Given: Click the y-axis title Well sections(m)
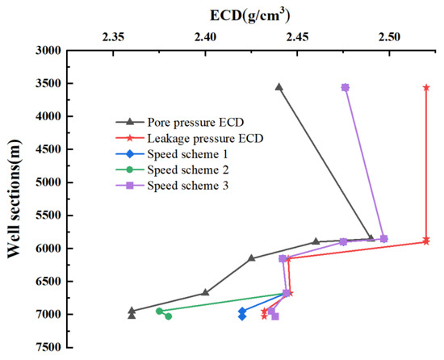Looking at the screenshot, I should pyautogui.click(x=14, y=199).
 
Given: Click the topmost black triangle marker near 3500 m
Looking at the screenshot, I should pyautogui.click(x=279, y=87).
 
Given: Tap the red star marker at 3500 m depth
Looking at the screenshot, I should pyautogui.click(x=426, y=87).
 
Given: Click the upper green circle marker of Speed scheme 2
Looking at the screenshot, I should pyautogui.click(x=159, y=311).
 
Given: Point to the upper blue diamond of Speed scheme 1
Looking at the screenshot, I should pyautogui.click(x=242, y=311).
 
